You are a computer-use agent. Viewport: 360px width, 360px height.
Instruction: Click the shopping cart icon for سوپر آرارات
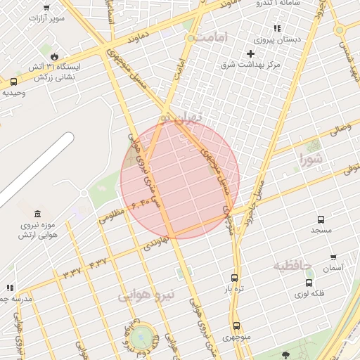[46, 8]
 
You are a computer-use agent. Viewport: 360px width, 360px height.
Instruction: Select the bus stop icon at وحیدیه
[13, 82]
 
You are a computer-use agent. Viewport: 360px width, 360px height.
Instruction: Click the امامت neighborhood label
[213, 37]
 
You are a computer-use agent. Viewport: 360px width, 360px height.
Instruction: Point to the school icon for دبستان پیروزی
[277, 29]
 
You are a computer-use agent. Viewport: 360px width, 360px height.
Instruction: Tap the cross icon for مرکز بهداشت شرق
[250, 53]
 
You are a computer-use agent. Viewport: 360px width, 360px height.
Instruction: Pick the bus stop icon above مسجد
[321, 219]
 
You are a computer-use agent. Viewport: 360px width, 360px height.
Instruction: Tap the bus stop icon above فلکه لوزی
[309, 283]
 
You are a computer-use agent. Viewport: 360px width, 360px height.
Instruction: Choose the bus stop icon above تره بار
[234, 278]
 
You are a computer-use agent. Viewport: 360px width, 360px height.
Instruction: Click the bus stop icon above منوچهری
[236, 326]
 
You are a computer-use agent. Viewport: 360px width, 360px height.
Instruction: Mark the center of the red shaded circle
[180, 179]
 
